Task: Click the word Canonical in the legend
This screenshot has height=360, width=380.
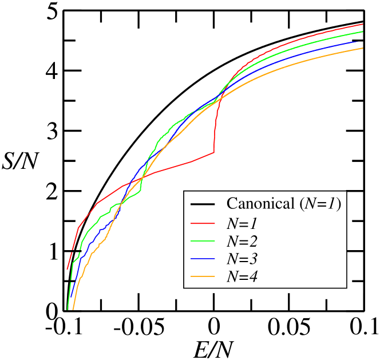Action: [x=260, y=204]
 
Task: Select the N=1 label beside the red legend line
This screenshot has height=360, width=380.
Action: [x=242, y=222]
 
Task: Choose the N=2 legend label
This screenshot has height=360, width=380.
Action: [x=242, y=240]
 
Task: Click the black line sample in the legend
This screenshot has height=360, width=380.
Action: [x=202, y=204]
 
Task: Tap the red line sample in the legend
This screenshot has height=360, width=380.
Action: [x=202, y=223]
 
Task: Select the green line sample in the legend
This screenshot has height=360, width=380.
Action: [x=202, y=241]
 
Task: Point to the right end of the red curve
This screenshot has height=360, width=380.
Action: [x=363, y=24]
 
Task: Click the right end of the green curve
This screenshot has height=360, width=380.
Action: [x=363, y=31]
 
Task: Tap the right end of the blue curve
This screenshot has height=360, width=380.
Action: [x=356, y=41]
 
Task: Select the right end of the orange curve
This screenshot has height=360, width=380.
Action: [x=363, y=48]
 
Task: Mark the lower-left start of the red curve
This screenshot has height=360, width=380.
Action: [x=68, y=268]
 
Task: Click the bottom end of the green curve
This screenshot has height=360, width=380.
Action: [x=68, y=309]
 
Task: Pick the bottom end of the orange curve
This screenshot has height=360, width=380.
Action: [x=73, y=309]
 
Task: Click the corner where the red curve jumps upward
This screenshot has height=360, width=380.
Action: [x=214, y=152]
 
